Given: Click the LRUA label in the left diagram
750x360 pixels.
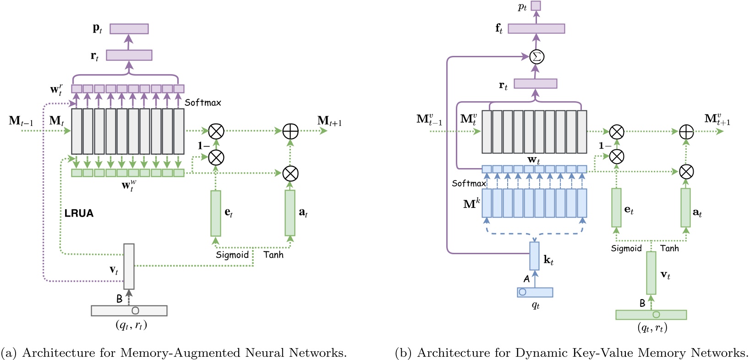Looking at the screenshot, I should (x=79, y=213).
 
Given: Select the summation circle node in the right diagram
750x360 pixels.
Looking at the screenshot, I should (x=536, y=57).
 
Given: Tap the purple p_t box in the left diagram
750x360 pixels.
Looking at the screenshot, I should (x=129, y=28).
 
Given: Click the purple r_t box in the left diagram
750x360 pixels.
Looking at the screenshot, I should (x=129, y=55).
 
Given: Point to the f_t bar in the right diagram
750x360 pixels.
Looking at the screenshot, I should (x=536, y=28).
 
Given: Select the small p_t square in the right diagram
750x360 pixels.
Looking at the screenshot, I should (x=536, y=6).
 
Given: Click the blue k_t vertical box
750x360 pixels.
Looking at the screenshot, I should (x=534, y=256).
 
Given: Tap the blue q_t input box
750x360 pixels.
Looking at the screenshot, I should (x=535, y=292).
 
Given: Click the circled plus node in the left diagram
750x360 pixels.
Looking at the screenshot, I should (x=290, y=131).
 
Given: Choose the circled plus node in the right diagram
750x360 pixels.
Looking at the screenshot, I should (x=685, y=132).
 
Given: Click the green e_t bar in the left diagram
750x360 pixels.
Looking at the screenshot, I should (x=215, y=213).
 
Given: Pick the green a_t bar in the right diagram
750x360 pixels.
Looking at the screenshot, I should (x=685, y=207).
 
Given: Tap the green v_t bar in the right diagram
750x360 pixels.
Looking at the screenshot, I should (x=651, y=273).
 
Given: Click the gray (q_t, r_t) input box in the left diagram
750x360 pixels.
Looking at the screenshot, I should (x=129, y=311).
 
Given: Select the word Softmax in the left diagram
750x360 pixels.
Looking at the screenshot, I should (x=203, y=103).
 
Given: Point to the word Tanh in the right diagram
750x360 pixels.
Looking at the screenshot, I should (x=669, y=248).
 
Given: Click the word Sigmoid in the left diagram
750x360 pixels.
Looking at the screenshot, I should (x=232, y=255).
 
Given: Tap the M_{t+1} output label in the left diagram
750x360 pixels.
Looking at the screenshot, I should (x=329, y=121).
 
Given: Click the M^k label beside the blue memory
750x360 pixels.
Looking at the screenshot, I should (x=471, y=204).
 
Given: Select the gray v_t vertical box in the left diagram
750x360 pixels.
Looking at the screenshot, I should (x=129, y=267).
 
